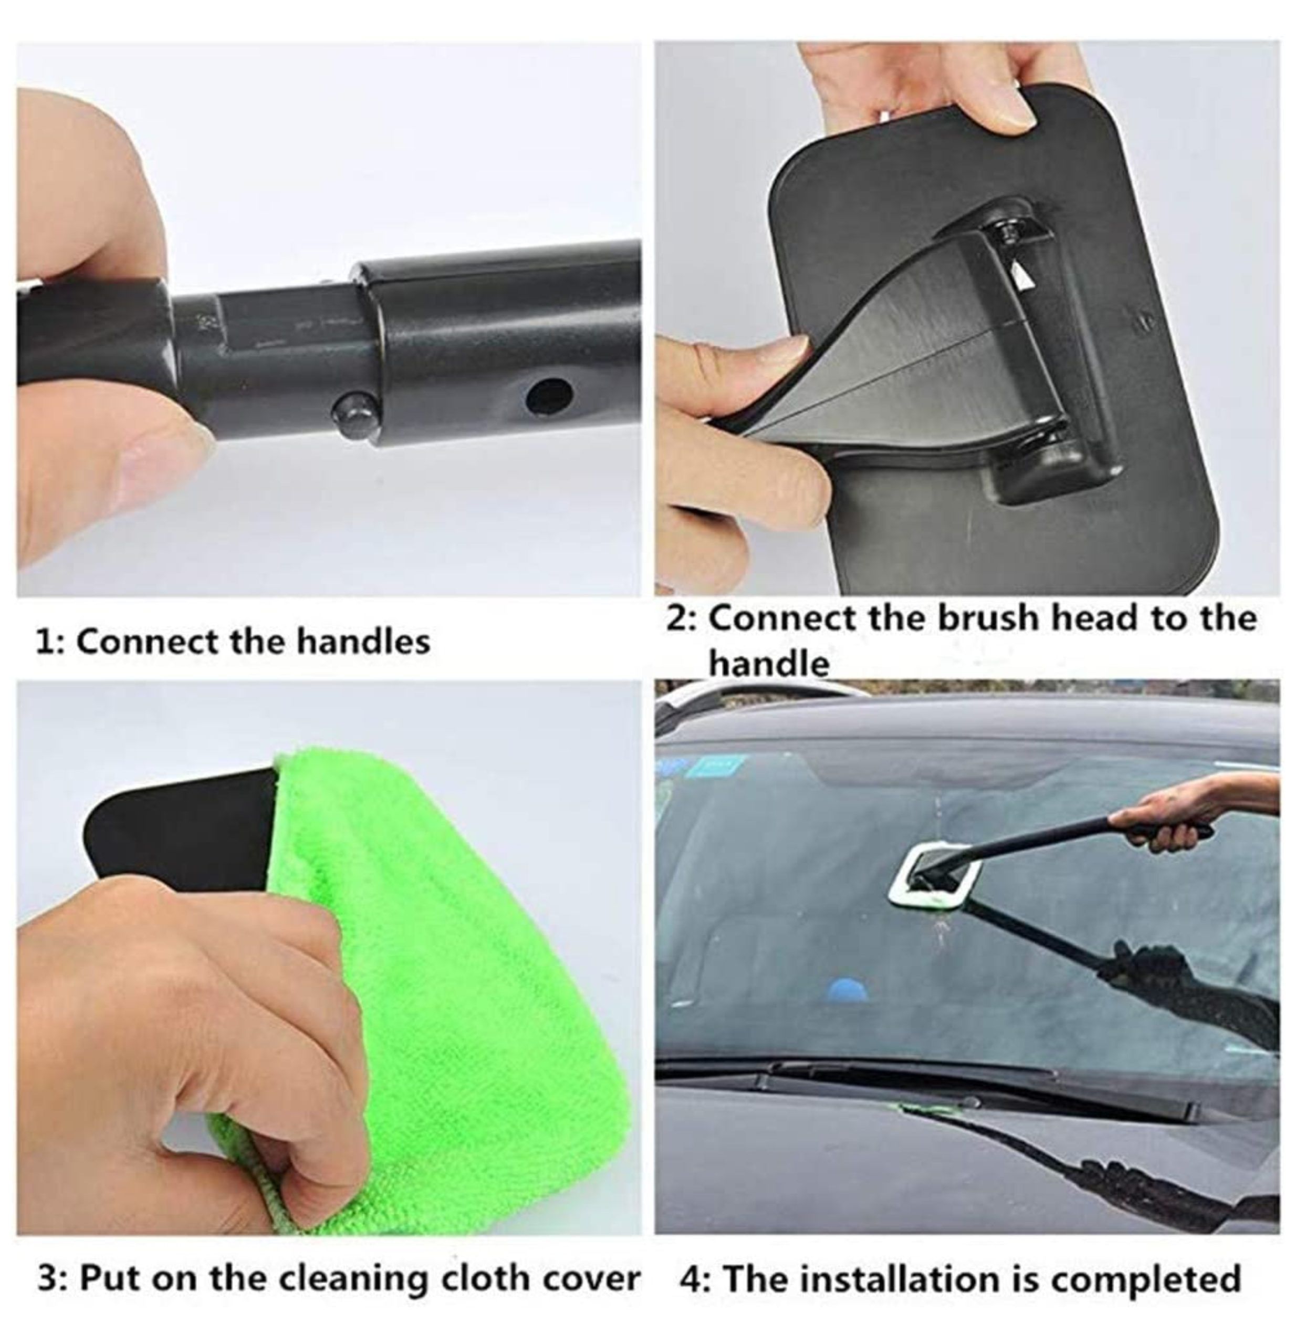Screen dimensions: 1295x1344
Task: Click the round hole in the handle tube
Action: (x=549, y=397)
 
